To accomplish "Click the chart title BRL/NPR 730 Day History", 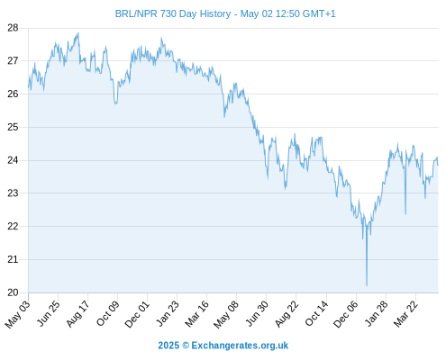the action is pyautogui.click(x=173, y=13).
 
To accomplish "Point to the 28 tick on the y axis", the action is pyautogui.click(x=13, y=28).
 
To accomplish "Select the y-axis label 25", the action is pyautogui.click(x=13, y=127).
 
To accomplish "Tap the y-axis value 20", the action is pyautogui.click(x=13, y=292).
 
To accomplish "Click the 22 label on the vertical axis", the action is pyautogui.click(x=13, y=226).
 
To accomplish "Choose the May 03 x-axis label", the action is pyautogui.click(x=18, y=314).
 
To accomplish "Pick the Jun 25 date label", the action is pyautogui.click(x=48, y=313).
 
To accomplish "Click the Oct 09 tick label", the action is pyautogui.click(x=107, y=313).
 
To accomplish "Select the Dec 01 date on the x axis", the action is pyautogui.click(x=137, y=314).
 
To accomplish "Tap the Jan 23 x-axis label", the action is pyautogui.click(x=168, y=313).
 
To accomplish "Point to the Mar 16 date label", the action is pyautogui.click(x=196, y=314).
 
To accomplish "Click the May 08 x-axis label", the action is pyautogui.click(x=226, y=314).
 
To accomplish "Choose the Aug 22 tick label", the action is pyautogui.click(x=287, y=314).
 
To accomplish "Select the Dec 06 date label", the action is pyautogui.click(x=346, y=314).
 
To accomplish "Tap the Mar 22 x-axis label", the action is pyautogui.click(x=405, y=314).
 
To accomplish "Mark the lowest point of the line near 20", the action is pyautogui.click(x=367, y=285).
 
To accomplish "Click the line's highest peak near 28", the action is pyautogui.click(x=78, y=33).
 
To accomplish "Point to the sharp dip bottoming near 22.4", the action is pyautogui.click(x=405, y=214).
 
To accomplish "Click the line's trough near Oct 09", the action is pyautogui.click(x=115, y=103).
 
